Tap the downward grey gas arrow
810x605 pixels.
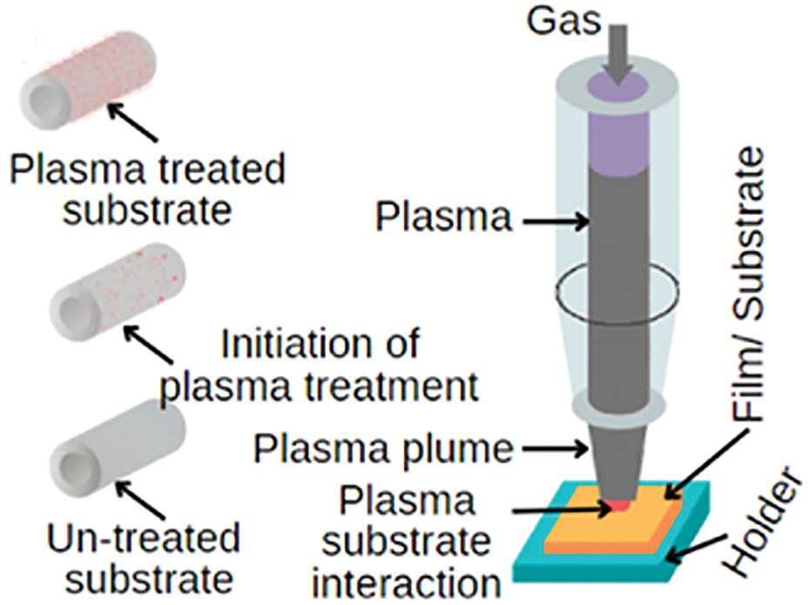point(617,54)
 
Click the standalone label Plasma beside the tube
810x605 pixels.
point(443,217)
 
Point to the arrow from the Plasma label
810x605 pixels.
point(556,222)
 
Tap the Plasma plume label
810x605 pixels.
point(383,449)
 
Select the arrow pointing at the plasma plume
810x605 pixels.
point(556,450)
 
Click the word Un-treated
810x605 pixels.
point(144,539)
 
